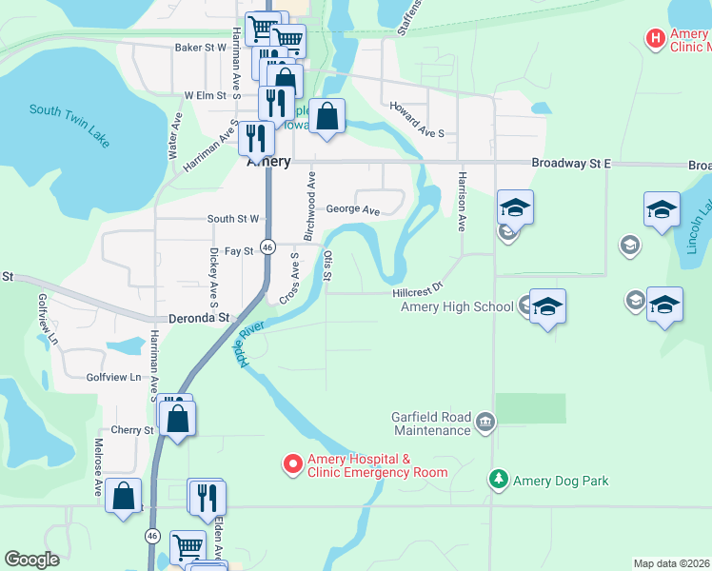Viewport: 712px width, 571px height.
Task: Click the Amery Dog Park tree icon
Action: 497,480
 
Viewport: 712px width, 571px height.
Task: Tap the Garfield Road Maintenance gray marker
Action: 485,422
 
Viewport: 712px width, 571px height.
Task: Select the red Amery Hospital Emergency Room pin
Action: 292,464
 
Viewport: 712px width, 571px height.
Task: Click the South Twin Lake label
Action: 69,124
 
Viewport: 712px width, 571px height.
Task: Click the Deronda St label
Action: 200,318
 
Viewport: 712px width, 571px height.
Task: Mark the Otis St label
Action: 327,265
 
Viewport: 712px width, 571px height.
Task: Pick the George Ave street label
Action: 353,210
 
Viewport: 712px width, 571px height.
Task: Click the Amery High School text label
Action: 457,305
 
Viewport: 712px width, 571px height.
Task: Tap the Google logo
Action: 31,560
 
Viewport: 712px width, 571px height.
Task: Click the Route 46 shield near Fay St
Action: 268,246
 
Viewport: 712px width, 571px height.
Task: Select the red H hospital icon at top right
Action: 655,39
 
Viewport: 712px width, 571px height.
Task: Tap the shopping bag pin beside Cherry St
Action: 178,418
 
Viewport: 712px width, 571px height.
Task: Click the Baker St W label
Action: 200,47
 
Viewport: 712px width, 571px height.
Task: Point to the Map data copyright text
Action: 672,563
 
